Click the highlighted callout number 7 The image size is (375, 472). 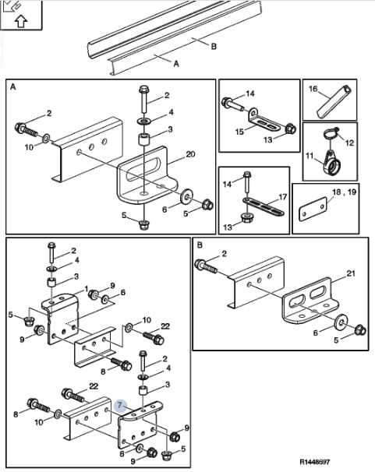(120, 405)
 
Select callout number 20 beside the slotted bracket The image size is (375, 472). (190, 154)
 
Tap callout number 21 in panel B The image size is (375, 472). (351, 273)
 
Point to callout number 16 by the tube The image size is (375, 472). (313, 89)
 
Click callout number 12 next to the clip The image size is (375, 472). (349, 143)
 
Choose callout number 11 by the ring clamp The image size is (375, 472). (310, 156)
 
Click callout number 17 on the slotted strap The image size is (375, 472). (283, 197)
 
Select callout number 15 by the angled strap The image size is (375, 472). (239, 132)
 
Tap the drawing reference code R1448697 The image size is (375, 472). (315, 461)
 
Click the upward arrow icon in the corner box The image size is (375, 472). (21, 21)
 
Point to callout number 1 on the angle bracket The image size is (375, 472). (86, 289)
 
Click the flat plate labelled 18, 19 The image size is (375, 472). (313, 209)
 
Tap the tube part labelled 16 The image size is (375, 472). (334, 101)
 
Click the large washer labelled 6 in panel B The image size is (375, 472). (341, 321)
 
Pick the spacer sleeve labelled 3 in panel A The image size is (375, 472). (143, 140)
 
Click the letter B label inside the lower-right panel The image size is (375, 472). (200, 245)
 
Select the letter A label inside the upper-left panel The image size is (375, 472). (13, 87)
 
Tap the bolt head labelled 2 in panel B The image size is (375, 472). (200, 264)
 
